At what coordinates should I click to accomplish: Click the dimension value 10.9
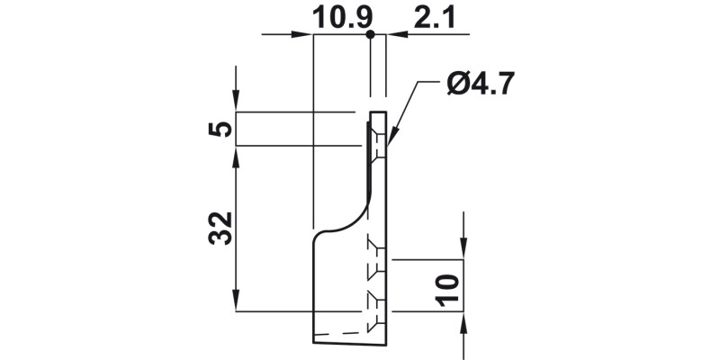click(x=342, y=17)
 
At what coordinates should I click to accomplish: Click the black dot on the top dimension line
click(x=370, y=34)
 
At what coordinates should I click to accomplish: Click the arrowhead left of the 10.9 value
click(x=302, y=35)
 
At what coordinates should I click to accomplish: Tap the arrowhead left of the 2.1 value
click(x=397, y=35)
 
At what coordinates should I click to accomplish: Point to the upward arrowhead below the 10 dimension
click(x=463, y=322)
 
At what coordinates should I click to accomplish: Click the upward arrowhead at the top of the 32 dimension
click(x=236, y=156)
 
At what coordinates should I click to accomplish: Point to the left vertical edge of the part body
click(x=312, y=288)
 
